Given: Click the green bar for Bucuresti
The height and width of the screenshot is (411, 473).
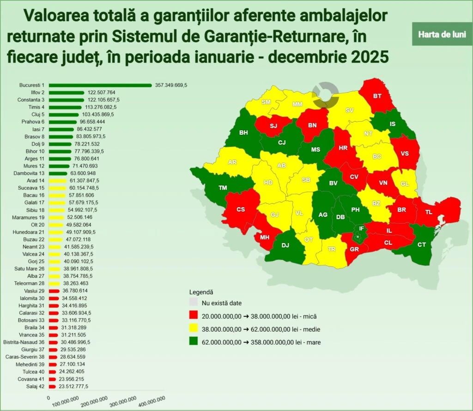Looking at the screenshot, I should pyautogui.click(x=100, y=85).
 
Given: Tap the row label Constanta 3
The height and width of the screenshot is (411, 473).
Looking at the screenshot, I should pyautogui.click(x=30, y=100).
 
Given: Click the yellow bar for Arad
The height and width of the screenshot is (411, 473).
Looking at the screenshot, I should pyautogui.click(x=58, y=181).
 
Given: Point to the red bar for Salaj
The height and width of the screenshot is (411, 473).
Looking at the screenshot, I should pyautogui.click(x=52, y=386).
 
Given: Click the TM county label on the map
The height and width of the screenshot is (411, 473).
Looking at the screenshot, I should pyautogui.click(x=223, y=188).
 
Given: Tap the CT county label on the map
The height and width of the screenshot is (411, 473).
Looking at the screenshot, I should pyautogui.click(x=421, y=245).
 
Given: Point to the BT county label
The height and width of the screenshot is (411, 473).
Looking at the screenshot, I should pyautogui.click(x=377, y=96).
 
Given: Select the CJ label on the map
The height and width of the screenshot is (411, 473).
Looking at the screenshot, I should pyautogui.click(x=282, y=143).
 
